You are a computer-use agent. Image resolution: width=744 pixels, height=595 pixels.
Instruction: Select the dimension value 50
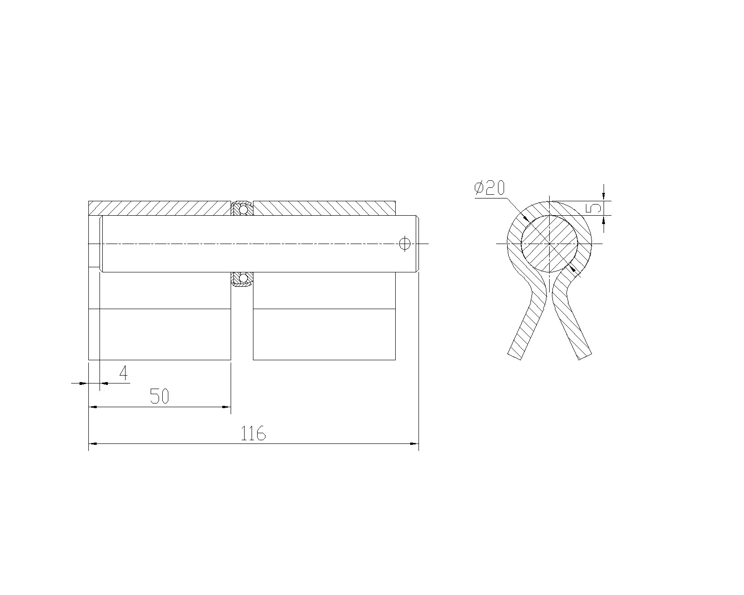coord(159,396)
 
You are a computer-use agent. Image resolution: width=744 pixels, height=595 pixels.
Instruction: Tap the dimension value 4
coord(123,373)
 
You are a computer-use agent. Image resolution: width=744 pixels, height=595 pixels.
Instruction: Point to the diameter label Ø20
coord(490,188)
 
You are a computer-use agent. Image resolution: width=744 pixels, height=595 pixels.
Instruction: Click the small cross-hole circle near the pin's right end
coord(405,244)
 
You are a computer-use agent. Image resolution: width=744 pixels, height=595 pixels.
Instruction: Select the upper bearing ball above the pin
coord(243,210)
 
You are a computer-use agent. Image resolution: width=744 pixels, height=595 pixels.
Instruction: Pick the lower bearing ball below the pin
coord(243,278)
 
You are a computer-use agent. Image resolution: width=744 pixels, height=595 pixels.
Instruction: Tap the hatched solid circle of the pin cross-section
coord(549,244)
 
